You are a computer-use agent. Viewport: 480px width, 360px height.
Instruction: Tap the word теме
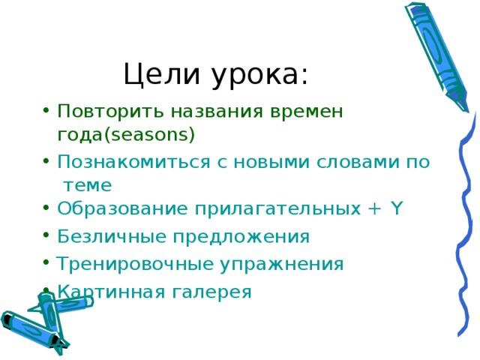[88, 184]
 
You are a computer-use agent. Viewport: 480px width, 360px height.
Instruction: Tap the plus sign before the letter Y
[375, 209]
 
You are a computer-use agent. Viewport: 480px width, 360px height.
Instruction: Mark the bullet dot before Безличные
[47, 237]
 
